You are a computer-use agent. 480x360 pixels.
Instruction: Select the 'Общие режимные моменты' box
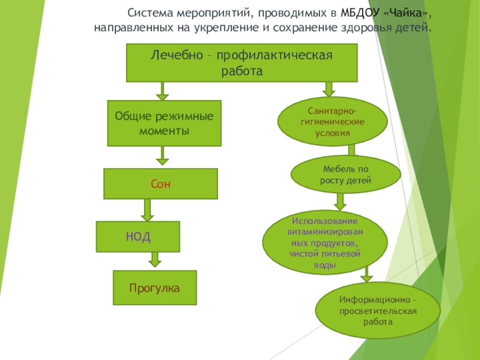(x=164, y=123)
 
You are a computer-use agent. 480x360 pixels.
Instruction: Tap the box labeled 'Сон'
(x=161, y=184)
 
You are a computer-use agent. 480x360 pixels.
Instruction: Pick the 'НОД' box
(x=139, y=236)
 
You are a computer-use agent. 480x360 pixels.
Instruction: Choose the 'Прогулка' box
(x=155, y=288)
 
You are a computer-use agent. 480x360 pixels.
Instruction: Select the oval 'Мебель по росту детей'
(x=346, y=175)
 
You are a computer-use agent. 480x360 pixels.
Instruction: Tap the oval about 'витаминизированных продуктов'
(x=325, y=241)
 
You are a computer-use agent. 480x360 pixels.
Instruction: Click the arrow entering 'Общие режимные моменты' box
(x=162, y=91)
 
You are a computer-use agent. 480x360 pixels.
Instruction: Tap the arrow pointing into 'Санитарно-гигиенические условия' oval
(x=328, y=89)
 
